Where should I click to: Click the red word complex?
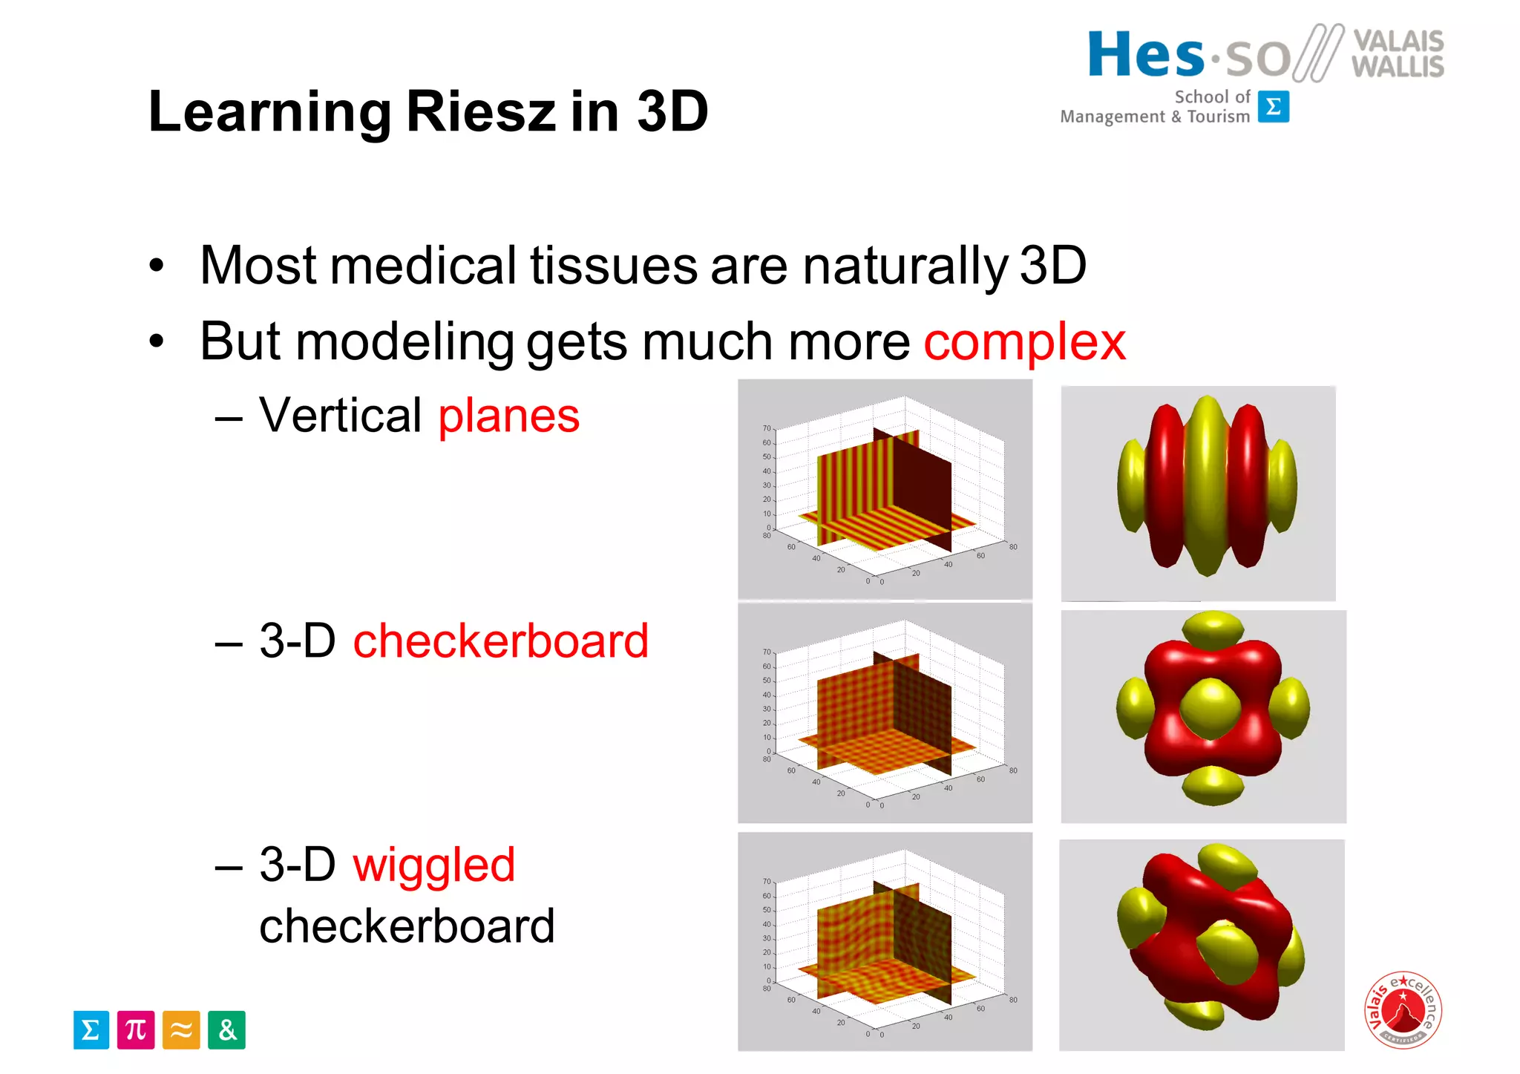(x=1024, y=342)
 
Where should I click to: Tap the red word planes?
(x=508, y=416)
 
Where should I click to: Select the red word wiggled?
(x=433, y=865)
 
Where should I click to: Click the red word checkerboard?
(x=500, y=641)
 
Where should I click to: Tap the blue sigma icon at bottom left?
(x=91, y=1029)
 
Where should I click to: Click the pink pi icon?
(x=136, y=1029)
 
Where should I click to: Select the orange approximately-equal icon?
(x=181, y=1029)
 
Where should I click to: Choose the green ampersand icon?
(x=226, y=1029)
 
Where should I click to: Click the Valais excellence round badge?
(x=1403, y=1009)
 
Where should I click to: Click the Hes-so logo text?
(x=1187, y=56)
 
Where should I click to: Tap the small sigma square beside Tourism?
(x=1274, y=107)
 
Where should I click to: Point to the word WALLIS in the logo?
(x=1398, y=67)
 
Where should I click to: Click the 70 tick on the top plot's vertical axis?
(x=767, y=428)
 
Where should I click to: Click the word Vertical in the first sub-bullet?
(x=341, y=416)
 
